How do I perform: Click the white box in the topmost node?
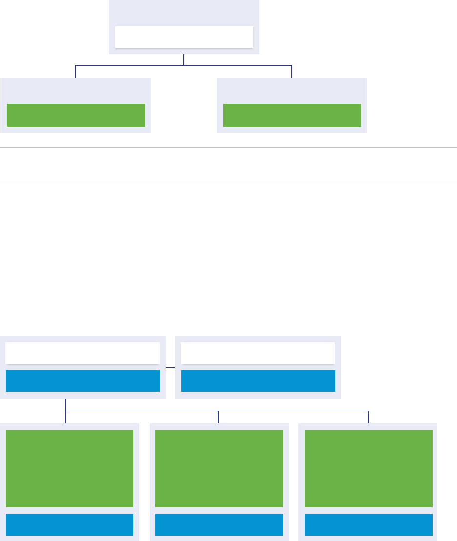[x=184, y=37]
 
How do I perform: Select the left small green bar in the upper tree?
[x=76, y=115]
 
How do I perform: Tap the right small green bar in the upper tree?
[x=292, y=115]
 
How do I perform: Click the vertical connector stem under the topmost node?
[x=184, y=59]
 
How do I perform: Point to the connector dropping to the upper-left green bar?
[x=76, y=71]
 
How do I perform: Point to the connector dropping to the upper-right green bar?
[x=292, y=71]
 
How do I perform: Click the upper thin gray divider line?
[x=228, y=147]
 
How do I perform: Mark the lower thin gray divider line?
[x=228, y=182]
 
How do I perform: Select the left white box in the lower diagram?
[x=83, y=352]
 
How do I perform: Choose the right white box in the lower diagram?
[x=258, y=352]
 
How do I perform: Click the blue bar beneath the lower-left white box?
[x=83, y=381]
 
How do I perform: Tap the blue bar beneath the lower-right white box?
[x=258, y=381]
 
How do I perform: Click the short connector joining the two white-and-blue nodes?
[x=170, y=367]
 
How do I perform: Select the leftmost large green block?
[x=69, y=469]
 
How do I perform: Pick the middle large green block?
[x=219, y=469]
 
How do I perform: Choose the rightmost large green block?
[x=368, y=469]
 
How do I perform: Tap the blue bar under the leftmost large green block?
[x=69, y=524]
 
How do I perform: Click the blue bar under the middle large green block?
[x=219, y=524]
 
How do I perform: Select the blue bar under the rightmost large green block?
[x=368, y=524]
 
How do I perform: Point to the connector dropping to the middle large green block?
[x=218, y=417]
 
